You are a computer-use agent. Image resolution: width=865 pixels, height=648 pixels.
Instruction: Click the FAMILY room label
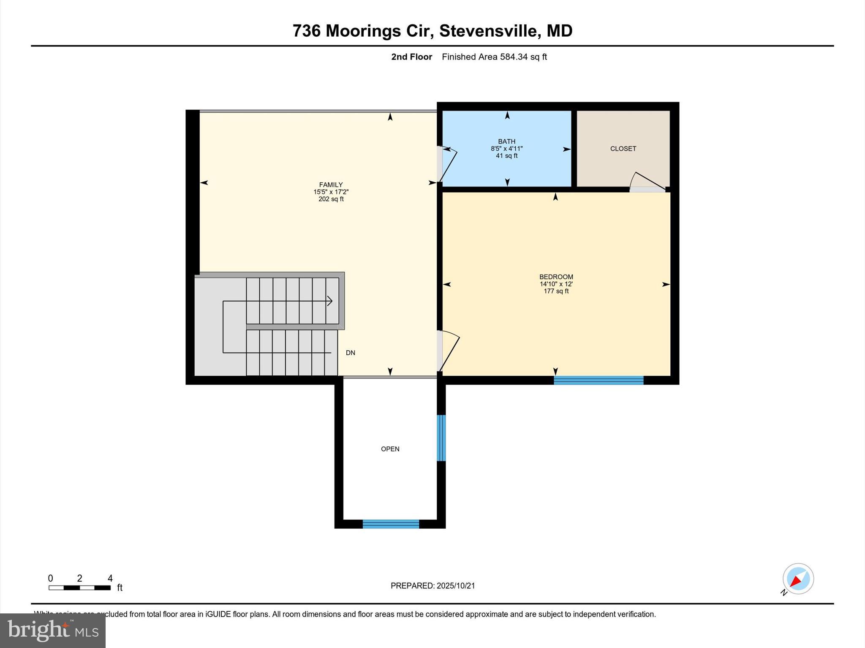point(331,185)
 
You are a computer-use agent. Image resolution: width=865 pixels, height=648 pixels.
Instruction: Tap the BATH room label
point(506,141)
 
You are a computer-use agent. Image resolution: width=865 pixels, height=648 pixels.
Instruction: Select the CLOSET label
point(623,148)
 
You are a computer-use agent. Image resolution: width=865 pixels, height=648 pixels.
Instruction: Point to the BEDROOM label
point(556,277)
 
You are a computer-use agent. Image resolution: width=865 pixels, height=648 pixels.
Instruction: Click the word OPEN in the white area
point(390,449)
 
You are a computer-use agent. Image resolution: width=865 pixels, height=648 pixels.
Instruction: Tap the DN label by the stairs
point(350,353)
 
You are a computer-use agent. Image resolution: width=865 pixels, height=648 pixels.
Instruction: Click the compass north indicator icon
point(797,579)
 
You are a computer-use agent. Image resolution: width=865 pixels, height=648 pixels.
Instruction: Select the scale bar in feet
point(79,587)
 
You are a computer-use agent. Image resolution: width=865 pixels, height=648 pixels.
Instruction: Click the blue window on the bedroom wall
point(598,380)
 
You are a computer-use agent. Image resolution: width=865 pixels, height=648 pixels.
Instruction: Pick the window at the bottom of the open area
point(391,524)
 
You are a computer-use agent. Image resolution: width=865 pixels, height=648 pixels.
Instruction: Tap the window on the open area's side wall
point(441,438)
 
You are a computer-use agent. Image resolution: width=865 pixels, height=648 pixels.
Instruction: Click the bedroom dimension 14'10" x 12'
point(556,284)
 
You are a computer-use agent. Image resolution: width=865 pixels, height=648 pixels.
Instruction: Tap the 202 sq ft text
point(331,199)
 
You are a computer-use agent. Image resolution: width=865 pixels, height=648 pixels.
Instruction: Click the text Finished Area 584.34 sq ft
point(494,57)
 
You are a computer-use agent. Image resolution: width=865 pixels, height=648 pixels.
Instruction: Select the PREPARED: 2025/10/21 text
point(432,586)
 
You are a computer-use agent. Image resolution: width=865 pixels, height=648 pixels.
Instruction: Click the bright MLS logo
point(53,630)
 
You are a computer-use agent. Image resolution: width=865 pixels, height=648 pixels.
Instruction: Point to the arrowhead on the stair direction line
point(329,301)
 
